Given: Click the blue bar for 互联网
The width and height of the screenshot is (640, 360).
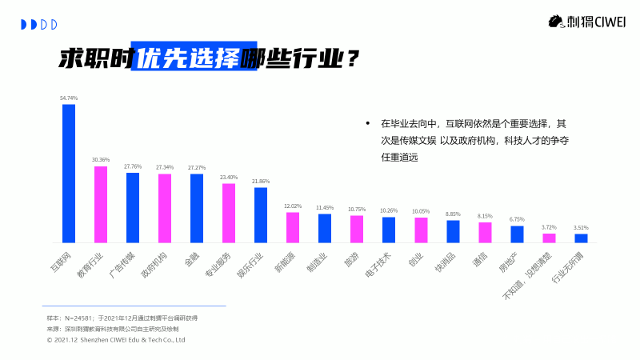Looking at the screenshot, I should pos(69,173).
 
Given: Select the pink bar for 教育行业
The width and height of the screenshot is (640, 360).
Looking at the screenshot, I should pos(101,204).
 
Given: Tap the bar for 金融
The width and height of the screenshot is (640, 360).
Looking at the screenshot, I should pos(197,208).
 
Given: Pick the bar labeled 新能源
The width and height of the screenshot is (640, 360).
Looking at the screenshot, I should pos(293,227).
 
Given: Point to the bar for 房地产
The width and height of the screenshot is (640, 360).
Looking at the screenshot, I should pos(517,234).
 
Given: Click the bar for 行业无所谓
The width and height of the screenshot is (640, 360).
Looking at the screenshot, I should pos(581,238).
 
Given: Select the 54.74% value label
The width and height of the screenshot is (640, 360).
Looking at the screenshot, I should pos(69,98).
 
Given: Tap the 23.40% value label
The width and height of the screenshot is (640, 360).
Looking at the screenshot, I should pos(229,178).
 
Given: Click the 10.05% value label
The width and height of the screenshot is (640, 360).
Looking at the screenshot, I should pos(421,212).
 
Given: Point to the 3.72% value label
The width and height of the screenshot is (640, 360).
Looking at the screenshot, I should pos(549,227).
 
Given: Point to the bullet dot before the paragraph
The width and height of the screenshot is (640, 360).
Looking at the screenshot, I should pos(368,124).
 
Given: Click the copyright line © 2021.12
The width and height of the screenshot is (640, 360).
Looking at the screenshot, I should pos(116,339).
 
